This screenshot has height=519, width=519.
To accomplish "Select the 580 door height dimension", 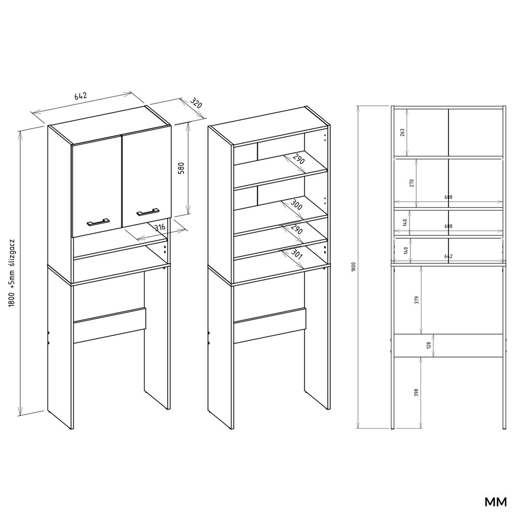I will click(181, 169).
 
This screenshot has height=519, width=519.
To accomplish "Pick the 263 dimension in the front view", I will click(403, 132).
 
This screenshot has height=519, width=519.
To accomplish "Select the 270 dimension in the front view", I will click(413, 183).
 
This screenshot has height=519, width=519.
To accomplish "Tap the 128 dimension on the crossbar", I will click(429, 346).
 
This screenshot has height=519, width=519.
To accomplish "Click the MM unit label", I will click(496, 502).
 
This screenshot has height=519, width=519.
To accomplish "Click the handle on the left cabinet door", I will click(98, 221).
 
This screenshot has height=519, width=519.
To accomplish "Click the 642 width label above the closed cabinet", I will click(80, 97).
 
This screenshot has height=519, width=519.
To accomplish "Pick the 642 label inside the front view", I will click(448, 256).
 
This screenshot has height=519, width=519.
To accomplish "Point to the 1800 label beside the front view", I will click(353, 267).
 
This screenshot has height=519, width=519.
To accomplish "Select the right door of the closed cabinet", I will click(146, 176).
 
